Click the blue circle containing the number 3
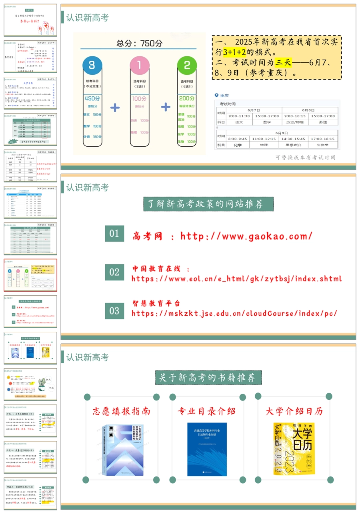point(92,66)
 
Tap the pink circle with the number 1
point(139,66)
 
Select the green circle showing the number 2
point(187,66)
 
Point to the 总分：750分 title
point(140,44)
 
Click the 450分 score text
point(92,98)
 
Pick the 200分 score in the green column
point(187,98)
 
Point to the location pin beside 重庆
point(216,96)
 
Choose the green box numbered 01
point(114,233)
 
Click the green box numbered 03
point(114,311)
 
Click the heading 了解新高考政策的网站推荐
point(208,204)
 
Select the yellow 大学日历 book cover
point(294,448)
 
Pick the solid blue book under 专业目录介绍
point(207,449)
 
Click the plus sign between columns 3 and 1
point(115,107)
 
